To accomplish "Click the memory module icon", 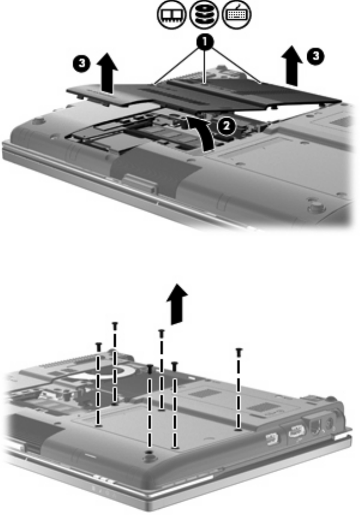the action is pos(171,14).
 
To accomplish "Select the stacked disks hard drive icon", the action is pos(204,14).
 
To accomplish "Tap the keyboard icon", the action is pos(237,14).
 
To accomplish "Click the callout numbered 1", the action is pos(205,42).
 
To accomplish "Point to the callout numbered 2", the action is pos(226,126).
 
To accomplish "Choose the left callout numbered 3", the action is pos(81,63).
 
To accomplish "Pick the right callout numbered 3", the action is pos(315,56).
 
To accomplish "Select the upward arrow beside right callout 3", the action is pos(292,65).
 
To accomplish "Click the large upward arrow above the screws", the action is pos(177,304).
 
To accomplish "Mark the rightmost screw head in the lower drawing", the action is pos(239,351).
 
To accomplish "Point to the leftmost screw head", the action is pos(98,345).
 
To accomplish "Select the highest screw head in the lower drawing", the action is pos(115,324).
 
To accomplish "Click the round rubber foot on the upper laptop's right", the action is pos(316,208).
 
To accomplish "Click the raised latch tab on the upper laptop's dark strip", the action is pos(140,183).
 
